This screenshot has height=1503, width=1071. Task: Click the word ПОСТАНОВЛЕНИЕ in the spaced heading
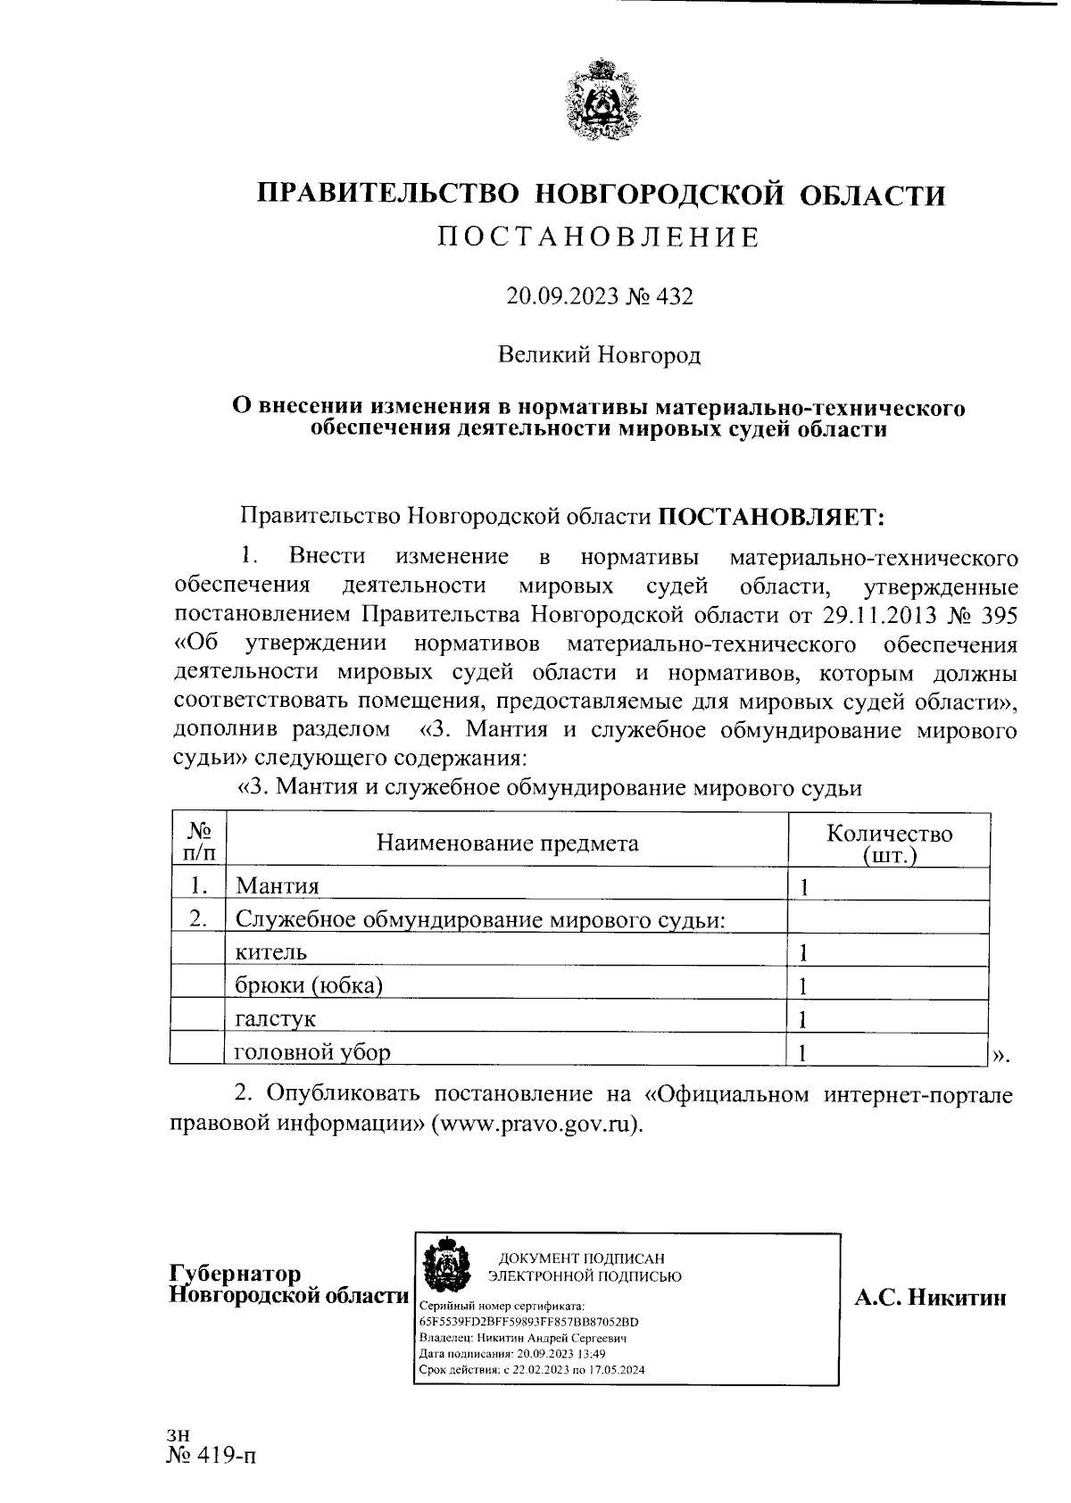(x=600, y=237)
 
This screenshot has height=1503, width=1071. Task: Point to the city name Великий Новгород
(x=600, y=355)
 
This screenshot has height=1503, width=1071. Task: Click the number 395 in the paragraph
(x=999, y=615)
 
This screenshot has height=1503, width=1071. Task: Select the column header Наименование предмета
(x=507, y=843)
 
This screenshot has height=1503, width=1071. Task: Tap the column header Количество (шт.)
(x=889, y=843)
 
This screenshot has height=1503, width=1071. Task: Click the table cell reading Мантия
(x=278, y=885)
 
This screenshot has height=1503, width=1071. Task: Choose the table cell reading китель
(x=271, y=952)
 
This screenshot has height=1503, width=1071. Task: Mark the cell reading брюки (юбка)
(x=309, y=985)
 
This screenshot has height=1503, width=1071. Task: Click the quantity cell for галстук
(x=888, y=1018)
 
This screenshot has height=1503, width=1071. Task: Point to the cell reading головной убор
(x=312, y=1052)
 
